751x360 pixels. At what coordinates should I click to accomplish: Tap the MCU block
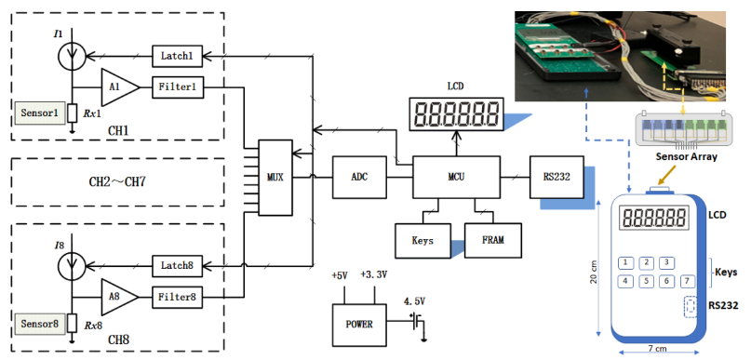[455, 175]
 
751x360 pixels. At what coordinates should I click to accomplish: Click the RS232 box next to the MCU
[549, 175]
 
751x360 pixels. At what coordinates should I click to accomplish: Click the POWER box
[359, 324]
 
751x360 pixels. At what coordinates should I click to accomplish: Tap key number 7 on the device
[687, 280]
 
